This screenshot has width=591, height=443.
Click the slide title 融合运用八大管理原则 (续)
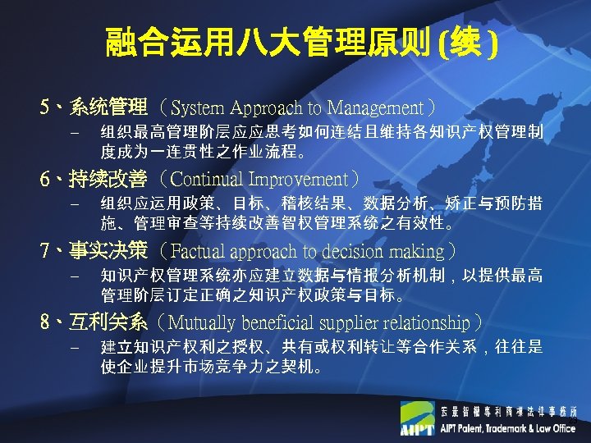(300, 43)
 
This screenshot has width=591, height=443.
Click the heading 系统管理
(109, 107)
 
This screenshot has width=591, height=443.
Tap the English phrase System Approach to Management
(297, 107)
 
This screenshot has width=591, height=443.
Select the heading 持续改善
(109, 178)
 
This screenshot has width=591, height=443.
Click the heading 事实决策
(109, 250)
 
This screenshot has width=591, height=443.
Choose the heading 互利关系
(109, 322)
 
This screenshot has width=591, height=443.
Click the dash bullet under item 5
(73, 132)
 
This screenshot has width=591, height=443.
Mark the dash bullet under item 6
(73, 204)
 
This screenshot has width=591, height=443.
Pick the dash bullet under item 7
(73, 276)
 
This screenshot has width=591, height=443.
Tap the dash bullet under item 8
(73, 348)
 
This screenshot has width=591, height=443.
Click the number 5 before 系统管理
(44, 107)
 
